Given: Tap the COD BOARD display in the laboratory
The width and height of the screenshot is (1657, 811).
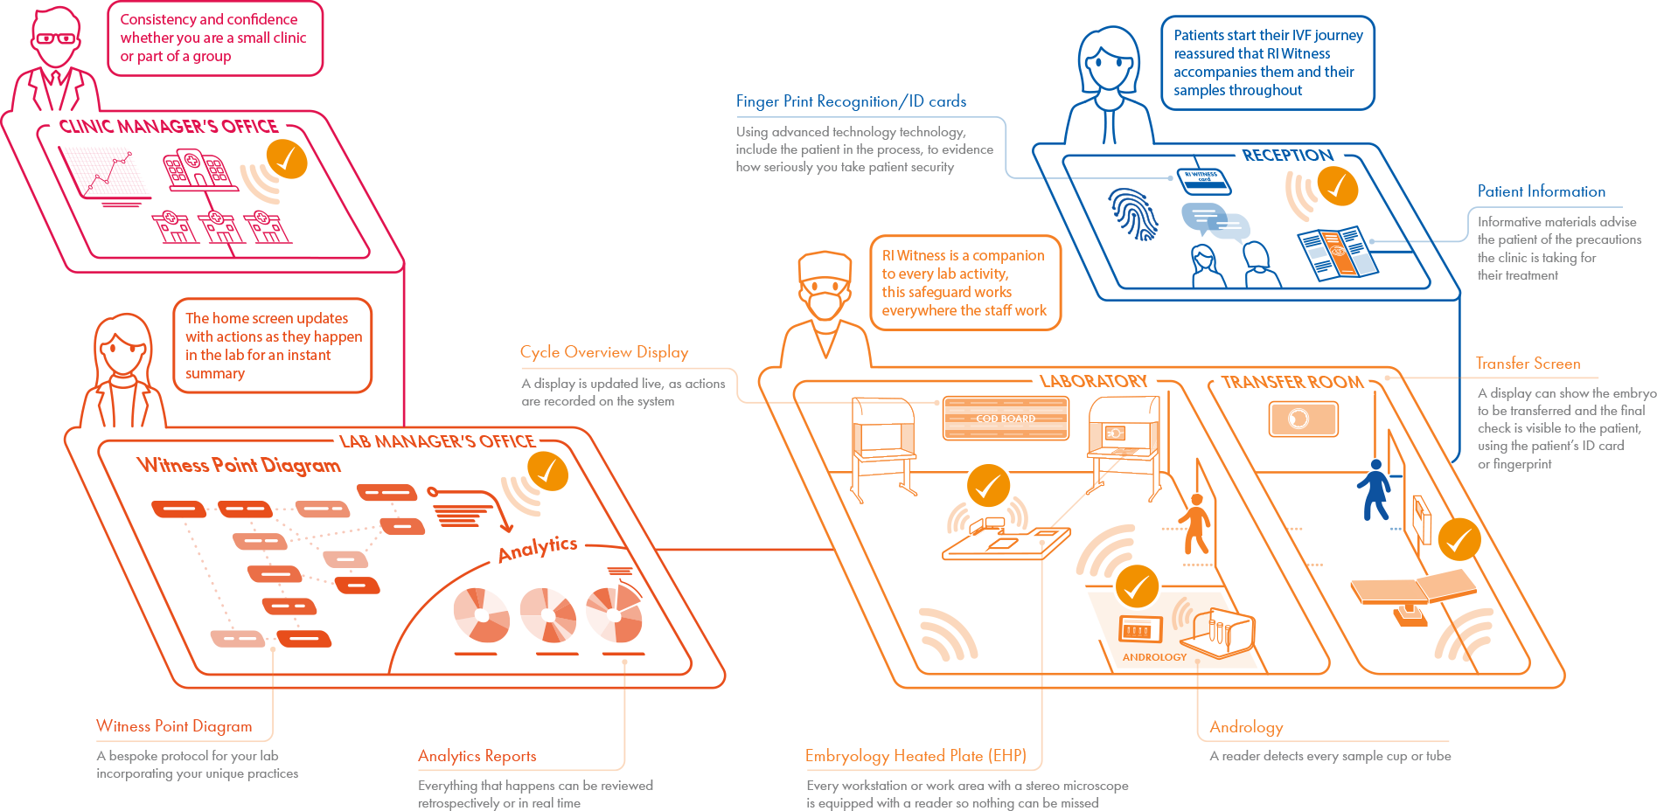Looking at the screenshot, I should click(1006, 419).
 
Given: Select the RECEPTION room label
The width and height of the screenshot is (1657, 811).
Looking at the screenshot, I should click(1287, 155).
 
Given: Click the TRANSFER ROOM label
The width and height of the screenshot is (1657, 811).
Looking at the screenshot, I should click(1292, 383).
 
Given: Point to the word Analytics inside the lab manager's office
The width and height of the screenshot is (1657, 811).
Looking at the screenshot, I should click(538, 548).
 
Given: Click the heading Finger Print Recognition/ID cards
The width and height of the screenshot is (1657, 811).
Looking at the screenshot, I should click(851, 101).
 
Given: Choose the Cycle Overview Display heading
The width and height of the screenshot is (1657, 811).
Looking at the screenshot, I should click(604, 352).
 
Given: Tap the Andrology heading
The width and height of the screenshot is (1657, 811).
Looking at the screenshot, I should click(1246, 727).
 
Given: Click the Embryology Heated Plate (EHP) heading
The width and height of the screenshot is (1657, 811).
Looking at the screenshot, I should click(916, 756).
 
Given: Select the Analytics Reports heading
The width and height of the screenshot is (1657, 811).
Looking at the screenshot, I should click(477, 756).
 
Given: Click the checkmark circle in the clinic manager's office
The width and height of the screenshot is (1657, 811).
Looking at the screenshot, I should click(286, 158).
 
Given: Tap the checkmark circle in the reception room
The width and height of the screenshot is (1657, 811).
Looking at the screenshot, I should click(1337, 185).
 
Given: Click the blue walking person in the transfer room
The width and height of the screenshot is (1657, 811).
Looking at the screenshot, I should click(1374, 490).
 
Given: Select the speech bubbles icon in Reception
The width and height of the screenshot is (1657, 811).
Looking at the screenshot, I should click(1215, 220).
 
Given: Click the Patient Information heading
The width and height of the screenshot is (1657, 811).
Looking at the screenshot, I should click(1542, 191).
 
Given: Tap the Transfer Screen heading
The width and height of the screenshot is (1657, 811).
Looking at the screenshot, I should click(1528, 364).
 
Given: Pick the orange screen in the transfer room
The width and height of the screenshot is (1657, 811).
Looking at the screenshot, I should click(1303, 419).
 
